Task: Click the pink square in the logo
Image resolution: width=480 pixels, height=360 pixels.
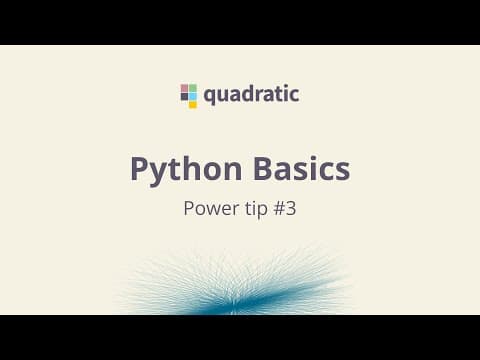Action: click(184, 88)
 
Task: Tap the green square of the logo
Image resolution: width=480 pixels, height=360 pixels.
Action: click(193, 88)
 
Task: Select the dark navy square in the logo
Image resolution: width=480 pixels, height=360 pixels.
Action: click(184, 96)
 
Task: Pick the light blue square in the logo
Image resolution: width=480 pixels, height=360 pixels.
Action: click(193, 96)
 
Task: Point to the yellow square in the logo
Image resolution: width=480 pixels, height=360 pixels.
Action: click(193, 104)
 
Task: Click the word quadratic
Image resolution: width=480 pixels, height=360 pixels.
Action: click(251, 95)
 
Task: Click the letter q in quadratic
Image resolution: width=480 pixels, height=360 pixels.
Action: click(210, 97)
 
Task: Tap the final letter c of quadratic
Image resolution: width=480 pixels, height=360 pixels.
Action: click(294, 95)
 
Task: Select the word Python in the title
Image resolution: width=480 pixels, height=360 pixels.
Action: click(186, 169)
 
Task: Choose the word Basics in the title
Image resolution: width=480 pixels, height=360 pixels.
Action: click(302, 168)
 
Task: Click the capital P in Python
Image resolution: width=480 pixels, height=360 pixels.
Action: click(140, 168)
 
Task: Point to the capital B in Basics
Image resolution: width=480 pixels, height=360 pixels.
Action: click(264, 168)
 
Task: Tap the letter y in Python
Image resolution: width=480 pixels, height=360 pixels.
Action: click(160, 174)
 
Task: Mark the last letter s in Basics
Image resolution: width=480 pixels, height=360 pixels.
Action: click(342, 172)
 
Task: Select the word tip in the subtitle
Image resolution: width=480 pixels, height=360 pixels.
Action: click(256, 209)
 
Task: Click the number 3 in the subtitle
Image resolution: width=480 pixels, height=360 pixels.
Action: click(291, 209)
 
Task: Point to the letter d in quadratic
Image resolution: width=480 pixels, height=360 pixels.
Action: click(249, 94)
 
